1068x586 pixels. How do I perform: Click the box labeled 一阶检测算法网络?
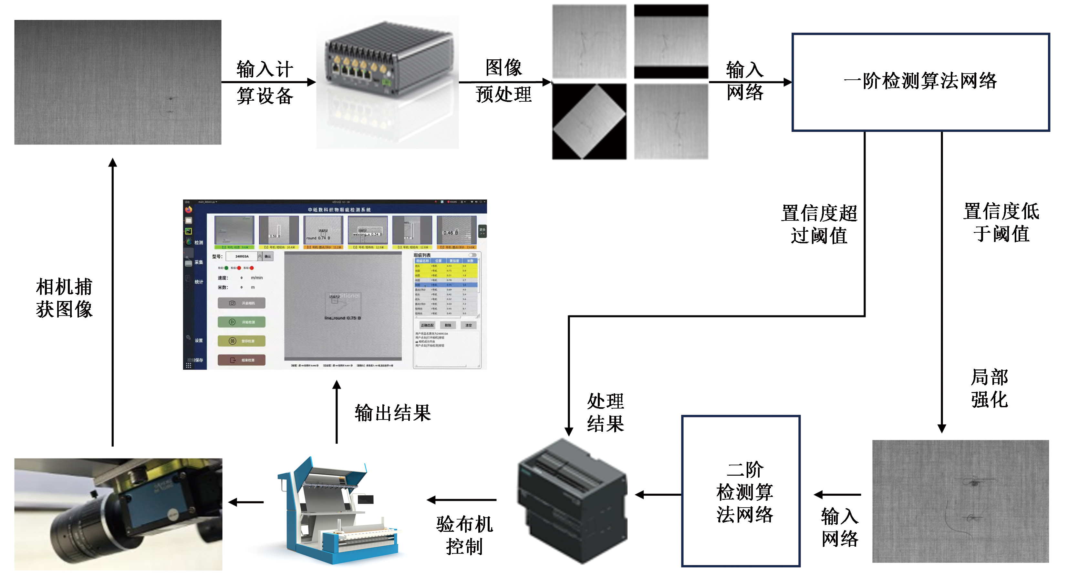(x=920, y=82)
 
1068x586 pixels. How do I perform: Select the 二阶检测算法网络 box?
(x=741, y=491)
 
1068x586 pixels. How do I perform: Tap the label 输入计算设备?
(x=265, y=82)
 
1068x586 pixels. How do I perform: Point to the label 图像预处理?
(x=503, y=81)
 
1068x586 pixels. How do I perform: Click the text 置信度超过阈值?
(x=819, y=224)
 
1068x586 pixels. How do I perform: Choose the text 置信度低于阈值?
(x=1001, y=222)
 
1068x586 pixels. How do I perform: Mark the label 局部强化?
(x=989, y=389)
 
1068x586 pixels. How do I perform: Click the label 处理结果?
(x=605, y=412)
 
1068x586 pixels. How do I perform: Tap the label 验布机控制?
(x=464, y=535)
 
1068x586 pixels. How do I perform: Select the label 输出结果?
(x=393, y=413)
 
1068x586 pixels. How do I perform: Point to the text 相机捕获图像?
(x=64, y=298)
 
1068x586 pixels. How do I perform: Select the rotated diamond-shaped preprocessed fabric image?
(x=589, y=121)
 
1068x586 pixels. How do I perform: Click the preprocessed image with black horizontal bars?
(x=671, y=41)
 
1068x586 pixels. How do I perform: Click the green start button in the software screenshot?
(x=241, y=322)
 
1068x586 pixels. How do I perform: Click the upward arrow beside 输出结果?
(x=337, y=412)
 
